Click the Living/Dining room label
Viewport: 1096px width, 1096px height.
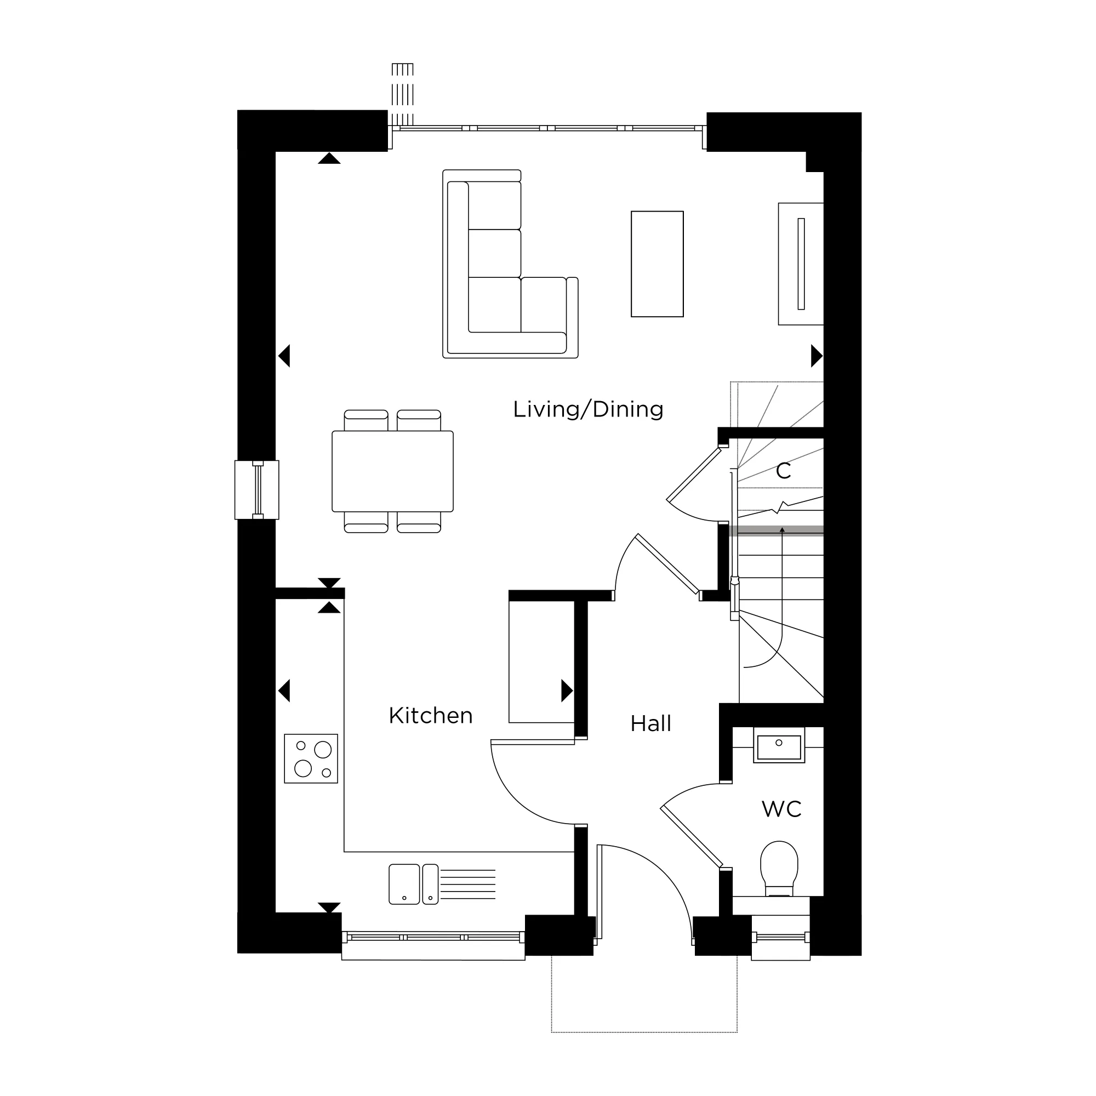[x=587, y=409]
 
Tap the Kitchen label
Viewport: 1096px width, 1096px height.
[x=431, y=716]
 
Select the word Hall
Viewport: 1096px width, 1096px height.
[x=650, y=724]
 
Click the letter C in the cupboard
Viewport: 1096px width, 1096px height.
[x=784, y=471]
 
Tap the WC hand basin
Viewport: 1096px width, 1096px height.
[x=779, y=745]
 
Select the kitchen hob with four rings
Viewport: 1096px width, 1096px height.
[x=311, y=759]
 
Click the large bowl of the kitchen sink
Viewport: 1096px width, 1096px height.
[x=404, y=884]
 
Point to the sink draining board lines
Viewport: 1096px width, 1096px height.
[x=468, y=884]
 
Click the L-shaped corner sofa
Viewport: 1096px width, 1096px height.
[x=510, y=264]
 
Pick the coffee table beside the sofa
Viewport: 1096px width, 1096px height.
[x=657, y=264]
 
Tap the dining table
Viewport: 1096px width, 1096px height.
[x=392, y=471]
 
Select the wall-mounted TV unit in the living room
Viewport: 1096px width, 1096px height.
[x=801, y=264]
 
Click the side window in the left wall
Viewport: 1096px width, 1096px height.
[x=257, y=490]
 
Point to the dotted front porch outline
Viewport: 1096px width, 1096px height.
[x=644, y=1031]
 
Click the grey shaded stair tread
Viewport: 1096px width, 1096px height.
[x=776, y=530]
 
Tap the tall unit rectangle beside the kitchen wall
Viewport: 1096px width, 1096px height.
[x=542, y=661]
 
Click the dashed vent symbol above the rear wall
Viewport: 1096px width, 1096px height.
[x=402, y=94]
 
